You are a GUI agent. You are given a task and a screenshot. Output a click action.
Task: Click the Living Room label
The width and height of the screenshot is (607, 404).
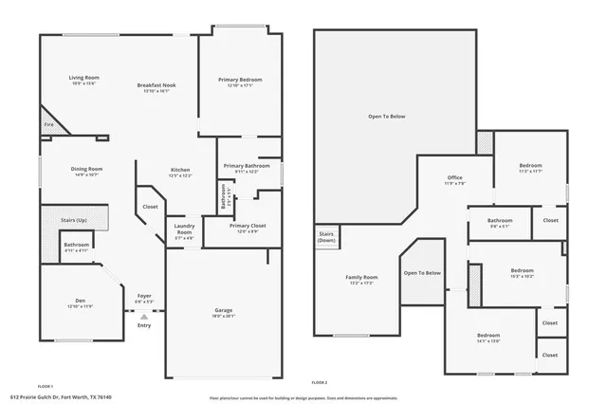[x=83, y=78]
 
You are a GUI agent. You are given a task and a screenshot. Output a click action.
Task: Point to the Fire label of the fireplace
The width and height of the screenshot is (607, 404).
[x=47, y=124]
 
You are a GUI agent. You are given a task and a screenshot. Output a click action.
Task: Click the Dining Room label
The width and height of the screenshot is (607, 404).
[x=86, y=169]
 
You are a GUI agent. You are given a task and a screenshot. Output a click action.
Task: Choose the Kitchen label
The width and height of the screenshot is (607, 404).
[x=180, y=170]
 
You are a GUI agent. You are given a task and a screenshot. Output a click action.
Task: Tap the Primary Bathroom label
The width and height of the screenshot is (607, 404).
[x=247, y=166]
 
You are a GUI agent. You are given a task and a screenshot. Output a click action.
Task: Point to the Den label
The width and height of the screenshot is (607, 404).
[x=80, y=303]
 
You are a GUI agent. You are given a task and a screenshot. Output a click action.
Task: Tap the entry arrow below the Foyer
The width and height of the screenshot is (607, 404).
[x=144, y=317]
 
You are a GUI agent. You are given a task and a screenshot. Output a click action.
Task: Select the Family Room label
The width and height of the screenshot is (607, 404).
[x=361, y=277]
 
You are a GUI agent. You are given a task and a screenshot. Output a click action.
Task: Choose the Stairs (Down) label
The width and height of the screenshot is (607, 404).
[x=326, y=235]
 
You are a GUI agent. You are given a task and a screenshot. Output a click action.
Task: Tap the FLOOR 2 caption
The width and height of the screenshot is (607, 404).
[x=319, y=381]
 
